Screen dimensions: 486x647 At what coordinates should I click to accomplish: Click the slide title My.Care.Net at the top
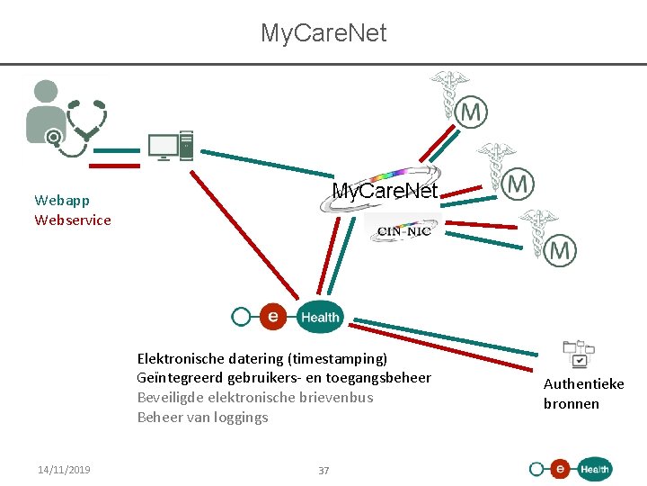point(323,33)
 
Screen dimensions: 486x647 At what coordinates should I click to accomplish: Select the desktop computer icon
point(171,146)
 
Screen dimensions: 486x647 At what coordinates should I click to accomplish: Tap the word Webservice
point(73,220)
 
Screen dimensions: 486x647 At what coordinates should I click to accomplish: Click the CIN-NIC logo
point(403,230)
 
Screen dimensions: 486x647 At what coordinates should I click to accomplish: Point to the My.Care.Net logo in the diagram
point(385,190)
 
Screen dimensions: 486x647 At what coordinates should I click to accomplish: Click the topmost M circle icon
point(471,112)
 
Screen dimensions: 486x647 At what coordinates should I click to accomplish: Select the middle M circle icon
point(517,184)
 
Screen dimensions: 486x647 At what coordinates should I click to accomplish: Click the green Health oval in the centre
point(319,316)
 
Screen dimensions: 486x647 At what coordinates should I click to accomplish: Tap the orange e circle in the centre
point(272,315)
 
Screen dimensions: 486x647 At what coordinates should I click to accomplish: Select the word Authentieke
point(583,383)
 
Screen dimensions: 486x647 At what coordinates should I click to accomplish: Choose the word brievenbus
point(340,398)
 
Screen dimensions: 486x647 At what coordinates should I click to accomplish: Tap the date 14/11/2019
point(64,469)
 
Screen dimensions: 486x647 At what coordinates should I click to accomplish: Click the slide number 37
point(323,470)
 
